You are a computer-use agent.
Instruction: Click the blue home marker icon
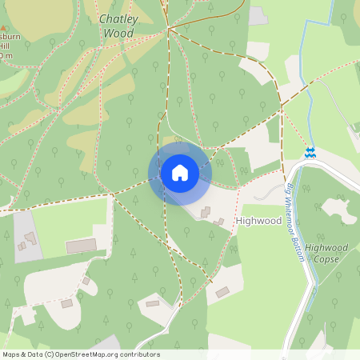tap(179, 173)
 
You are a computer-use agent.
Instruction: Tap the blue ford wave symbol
tap(310, 152)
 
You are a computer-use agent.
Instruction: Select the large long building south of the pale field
tap(81, 246)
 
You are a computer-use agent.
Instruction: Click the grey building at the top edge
tap(258, 15)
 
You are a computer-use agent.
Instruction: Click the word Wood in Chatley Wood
tap(118, 34)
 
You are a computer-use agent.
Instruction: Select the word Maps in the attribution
tap(11, 354)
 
